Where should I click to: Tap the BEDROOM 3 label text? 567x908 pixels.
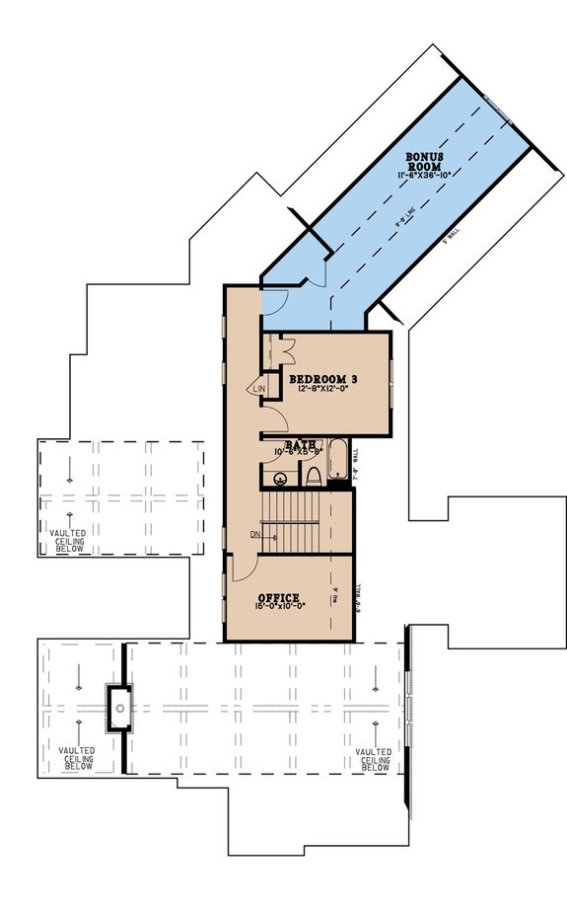[x=322, y=379]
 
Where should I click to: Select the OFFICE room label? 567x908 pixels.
[x=278, y=598]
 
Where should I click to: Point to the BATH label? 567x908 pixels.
[x=300, y=446]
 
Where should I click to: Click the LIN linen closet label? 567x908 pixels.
[x=260, y=391]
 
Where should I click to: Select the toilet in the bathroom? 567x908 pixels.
[x=314, y=478]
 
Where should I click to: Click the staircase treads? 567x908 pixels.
[x=292, y=522]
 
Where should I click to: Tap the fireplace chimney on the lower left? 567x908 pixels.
[x=119, y=706]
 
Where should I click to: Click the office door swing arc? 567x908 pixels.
[x=243, y=568]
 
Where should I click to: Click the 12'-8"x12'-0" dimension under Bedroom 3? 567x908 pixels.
[x=321, y=391]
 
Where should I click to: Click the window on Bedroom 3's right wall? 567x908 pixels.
[x=391, y=378]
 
